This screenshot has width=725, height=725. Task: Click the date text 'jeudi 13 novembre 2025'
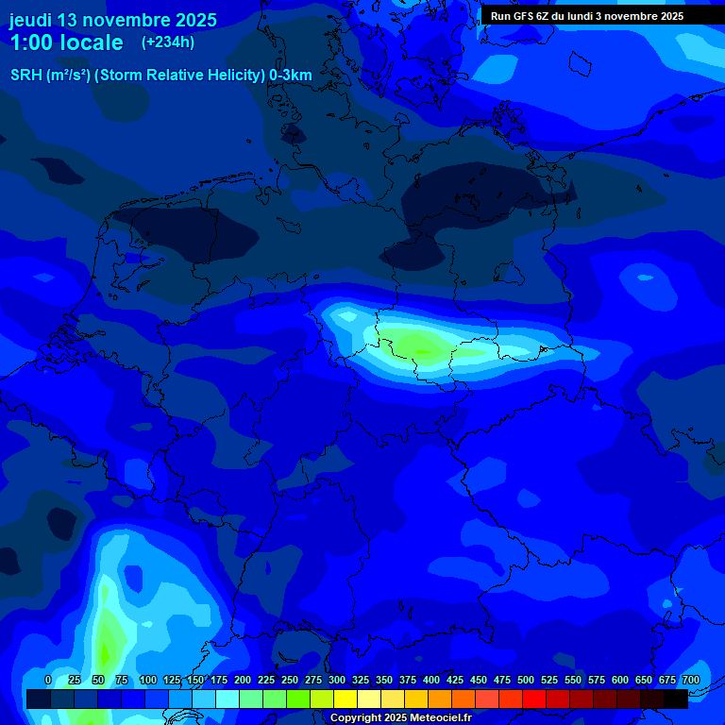coord(113,20)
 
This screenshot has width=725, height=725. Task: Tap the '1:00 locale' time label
coord(67,42)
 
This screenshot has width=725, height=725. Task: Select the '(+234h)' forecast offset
coord(168,42)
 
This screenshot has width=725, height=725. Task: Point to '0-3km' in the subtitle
coord(291,76)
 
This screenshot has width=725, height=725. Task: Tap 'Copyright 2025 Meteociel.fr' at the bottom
coord(400,717)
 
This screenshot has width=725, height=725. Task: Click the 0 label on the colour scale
coord(48,680)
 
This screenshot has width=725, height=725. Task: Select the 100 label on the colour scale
coord(148,680)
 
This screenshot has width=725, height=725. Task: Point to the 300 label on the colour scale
coord(337,680)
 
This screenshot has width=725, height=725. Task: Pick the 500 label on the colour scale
coord(526,680)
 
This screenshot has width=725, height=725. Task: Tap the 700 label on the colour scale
coord(690,680)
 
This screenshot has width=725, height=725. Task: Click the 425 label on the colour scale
coord(455,680)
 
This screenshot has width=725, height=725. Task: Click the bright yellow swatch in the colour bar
coord(346,699)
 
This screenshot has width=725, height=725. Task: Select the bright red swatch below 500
coord(534,699)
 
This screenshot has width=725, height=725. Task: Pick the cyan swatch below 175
coord(228,699)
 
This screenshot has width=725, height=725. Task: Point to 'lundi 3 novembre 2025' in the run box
coord(626,16)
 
